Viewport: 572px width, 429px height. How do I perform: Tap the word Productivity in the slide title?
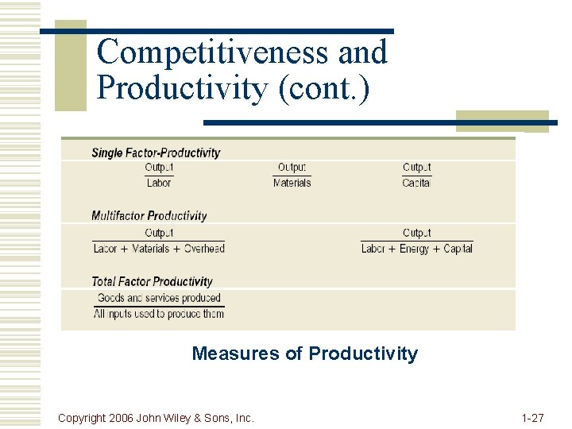coord(181,88)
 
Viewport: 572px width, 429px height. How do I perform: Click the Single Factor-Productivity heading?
coord(156,153)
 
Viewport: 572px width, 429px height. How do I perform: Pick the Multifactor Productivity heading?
coord(149,215)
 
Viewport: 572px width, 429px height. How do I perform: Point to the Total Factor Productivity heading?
coord(152,281)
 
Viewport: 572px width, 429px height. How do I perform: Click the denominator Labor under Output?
coord(159,183)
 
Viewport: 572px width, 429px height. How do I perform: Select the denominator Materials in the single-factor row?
coord(292,183)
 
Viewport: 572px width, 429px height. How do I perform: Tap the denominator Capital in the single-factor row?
coord(416,183)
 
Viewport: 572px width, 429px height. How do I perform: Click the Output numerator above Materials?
coord(292,168)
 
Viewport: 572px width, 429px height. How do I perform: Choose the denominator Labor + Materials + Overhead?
coord(159,249)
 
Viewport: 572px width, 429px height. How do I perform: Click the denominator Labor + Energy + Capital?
coord(416,249)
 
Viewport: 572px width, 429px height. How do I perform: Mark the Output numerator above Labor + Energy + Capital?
coord(416,233)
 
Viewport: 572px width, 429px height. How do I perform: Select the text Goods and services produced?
coord(159,298)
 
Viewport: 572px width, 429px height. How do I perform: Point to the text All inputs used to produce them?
coord(159,314)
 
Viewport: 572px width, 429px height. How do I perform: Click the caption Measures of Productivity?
coord(304,354)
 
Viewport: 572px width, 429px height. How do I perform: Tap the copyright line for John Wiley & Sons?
coord(157,418)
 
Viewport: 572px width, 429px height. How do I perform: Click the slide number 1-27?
coord(532,418)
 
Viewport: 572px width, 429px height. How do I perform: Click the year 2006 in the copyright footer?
coord(121,418)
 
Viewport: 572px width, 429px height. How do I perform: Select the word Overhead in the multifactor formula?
coord(204,249)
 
